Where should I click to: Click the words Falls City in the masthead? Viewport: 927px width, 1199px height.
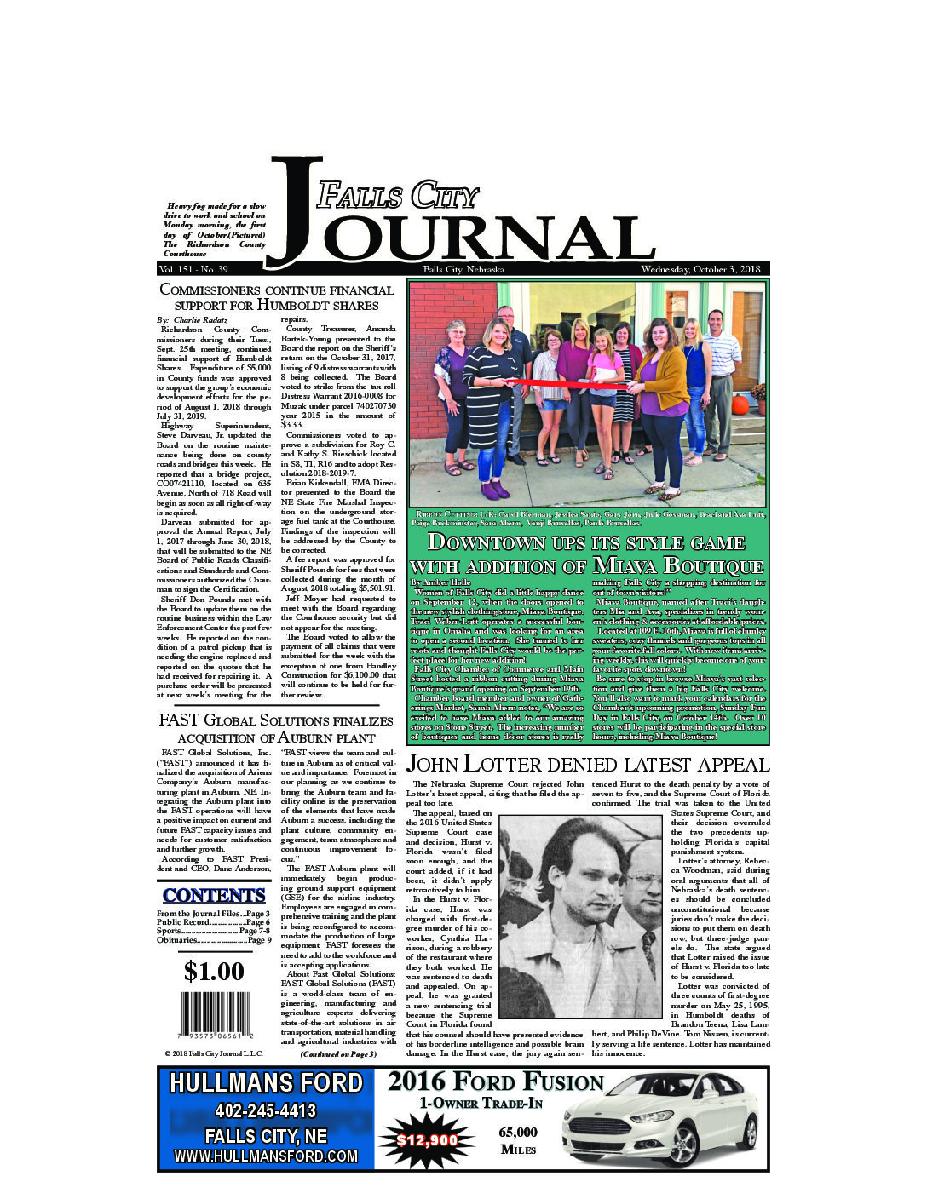click(x=397, y=197)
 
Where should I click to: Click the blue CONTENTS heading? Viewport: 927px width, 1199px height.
click(x=214, y=895)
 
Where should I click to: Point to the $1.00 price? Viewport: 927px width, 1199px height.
click(x=214, y=971)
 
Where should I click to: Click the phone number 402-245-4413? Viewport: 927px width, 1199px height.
click(x=266, y=1110)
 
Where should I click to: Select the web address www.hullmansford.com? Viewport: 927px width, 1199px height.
click(x=266, y=1156)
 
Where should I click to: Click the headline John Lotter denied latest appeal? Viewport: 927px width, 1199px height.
click(x=588, y=764)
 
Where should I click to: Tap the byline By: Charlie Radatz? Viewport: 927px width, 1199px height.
click(x=193, y=319)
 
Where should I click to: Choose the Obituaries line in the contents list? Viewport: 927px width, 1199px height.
click(x=214, y=941)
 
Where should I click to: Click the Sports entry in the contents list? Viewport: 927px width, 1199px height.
click(x=214, y=932)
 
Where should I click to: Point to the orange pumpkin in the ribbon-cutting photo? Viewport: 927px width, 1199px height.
click(x=740, y=403)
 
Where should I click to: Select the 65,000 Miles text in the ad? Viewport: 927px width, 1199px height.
click(x=518, y=1140)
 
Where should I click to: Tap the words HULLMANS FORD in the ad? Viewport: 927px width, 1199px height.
click(x=266, y=1083)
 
